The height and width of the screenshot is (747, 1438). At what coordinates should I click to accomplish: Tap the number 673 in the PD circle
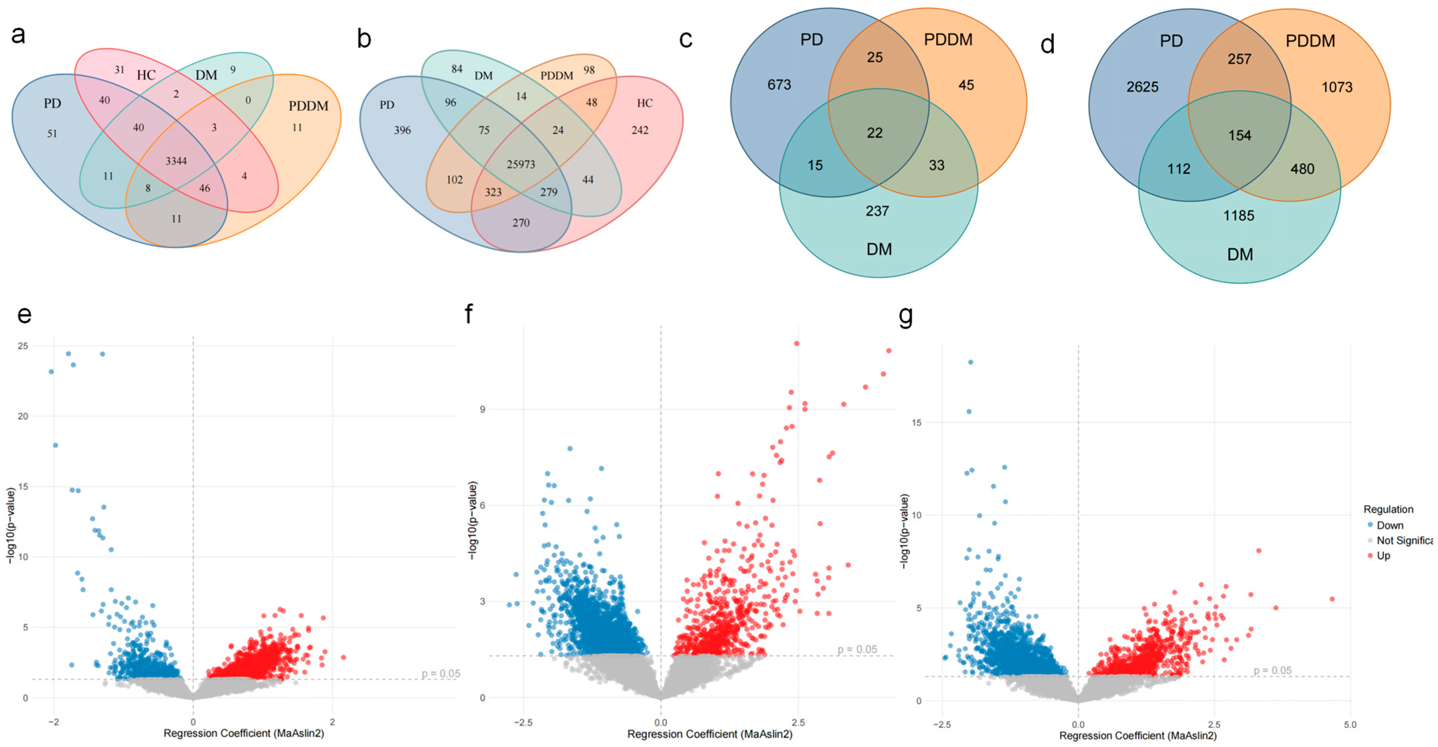click(779, 84)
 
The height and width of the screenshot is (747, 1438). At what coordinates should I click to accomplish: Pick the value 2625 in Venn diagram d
click(1142, 87)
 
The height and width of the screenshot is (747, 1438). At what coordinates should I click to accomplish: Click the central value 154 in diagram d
click(1239, 135)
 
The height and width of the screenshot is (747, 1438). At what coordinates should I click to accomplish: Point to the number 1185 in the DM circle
click(1238, 216)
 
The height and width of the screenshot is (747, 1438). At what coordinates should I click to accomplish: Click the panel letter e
click(24, 314)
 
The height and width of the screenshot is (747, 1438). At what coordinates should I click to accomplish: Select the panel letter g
click(905, 316)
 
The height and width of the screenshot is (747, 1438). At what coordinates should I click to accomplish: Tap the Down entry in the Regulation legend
click(1389, 525)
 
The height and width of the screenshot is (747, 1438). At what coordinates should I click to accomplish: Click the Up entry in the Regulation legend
click(1383, 555)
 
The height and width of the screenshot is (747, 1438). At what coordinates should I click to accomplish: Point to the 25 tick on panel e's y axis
click(22, 346)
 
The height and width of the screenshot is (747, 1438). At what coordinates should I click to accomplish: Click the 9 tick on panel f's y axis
click(482, 409)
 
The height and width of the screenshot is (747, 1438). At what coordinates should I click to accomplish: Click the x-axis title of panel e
click(243, 733)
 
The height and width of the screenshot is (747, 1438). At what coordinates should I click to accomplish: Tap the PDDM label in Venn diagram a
click(308, 106)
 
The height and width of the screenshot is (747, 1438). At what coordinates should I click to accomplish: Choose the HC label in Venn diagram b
click(644, 103)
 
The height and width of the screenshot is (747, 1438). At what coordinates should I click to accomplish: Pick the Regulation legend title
click(1388, 509)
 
